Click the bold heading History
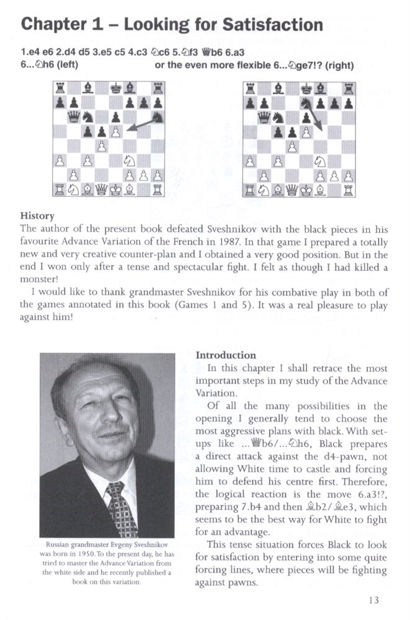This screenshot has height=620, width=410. (x=38, y=216)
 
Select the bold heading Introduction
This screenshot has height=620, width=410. (x=226, y=355)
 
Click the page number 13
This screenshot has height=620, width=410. (x=373, y=600)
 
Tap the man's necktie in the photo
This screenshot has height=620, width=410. (x=121, y=505)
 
